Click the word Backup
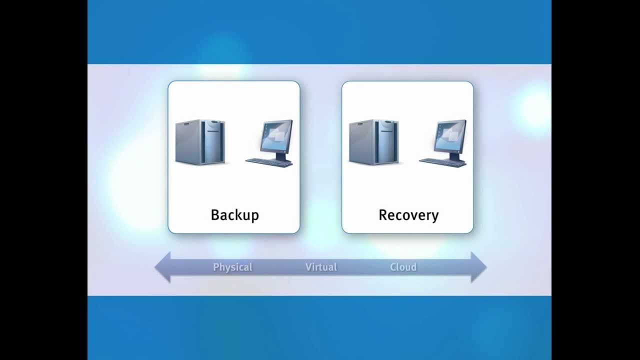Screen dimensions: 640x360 pos(234,215)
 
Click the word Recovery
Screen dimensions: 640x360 pos(408,215)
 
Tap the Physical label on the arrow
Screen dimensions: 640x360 pos(232,267)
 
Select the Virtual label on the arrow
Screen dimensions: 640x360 pos(321,267)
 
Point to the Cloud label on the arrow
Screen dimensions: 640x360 pos(403,267)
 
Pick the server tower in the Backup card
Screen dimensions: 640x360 pos(200,142)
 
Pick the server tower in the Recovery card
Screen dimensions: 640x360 pos(374,142)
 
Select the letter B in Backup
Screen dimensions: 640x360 pos(215,215)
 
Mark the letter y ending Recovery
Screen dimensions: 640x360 pos(435,217)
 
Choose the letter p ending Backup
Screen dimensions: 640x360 pos(255,217)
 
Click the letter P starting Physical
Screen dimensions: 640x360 pos(216,267)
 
